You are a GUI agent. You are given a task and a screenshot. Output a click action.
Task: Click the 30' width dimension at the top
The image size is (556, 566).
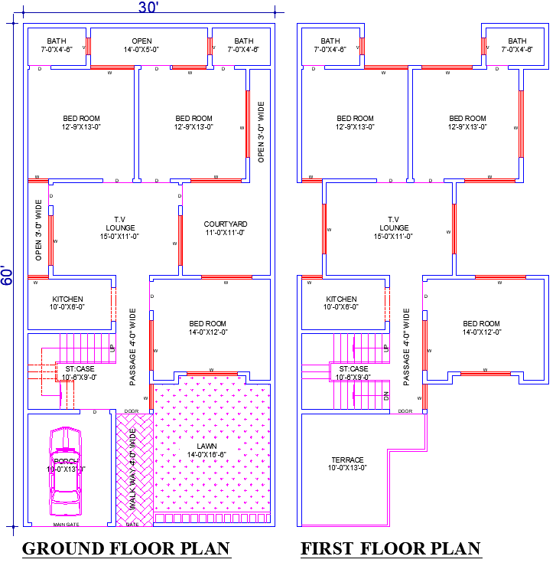[x=148, y=8]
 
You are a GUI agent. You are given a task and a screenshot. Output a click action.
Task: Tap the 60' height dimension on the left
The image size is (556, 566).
[x=7, y=276]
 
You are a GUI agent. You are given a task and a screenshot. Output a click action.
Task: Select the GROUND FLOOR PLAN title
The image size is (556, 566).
[x=126, y=548]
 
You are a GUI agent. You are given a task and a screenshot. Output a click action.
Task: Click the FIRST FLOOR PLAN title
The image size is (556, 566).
[x=390, y=548]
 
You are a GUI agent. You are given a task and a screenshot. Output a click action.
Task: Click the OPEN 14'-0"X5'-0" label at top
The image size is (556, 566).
[x=141, y=45]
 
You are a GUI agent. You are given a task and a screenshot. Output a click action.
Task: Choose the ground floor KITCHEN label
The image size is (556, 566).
[x=67, y=303]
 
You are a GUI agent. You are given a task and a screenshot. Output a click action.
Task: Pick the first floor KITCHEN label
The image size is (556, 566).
[x=341, y=303]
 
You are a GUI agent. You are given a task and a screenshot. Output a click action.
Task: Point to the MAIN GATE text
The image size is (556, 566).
[x=66, y=525]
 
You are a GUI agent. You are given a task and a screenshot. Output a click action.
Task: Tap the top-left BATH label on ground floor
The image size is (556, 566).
[x=57, y=45]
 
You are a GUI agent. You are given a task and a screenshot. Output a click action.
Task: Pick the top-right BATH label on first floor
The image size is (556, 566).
[x=517, y=45]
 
